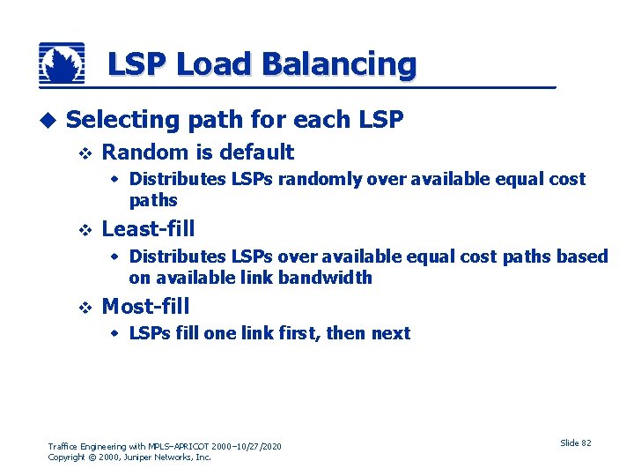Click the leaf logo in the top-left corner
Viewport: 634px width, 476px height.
click(x=62, y=63)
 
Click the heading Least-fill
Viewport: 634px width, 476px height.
click(x=148, y=229)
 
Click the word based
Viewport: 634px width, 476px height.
click(x=585, y=257)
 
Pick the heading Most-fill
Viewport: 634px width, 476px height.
click(x=145, y=307)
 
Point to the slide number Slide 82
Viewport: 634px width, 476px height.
click(x=575, y=443)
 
